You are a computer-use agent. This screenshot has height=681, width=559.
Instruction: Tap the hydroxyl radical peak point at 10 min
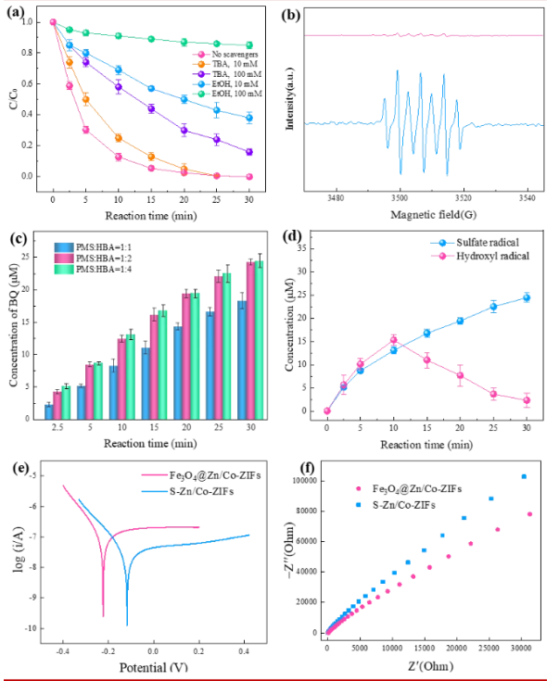[x=393, y=340]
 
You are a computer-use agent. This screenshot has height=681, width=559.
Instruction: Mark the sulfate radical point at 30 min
[x=527, y=297]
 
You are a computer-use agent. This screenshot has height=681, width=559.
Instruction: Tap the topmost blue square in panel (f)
[x=523, y=476]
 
